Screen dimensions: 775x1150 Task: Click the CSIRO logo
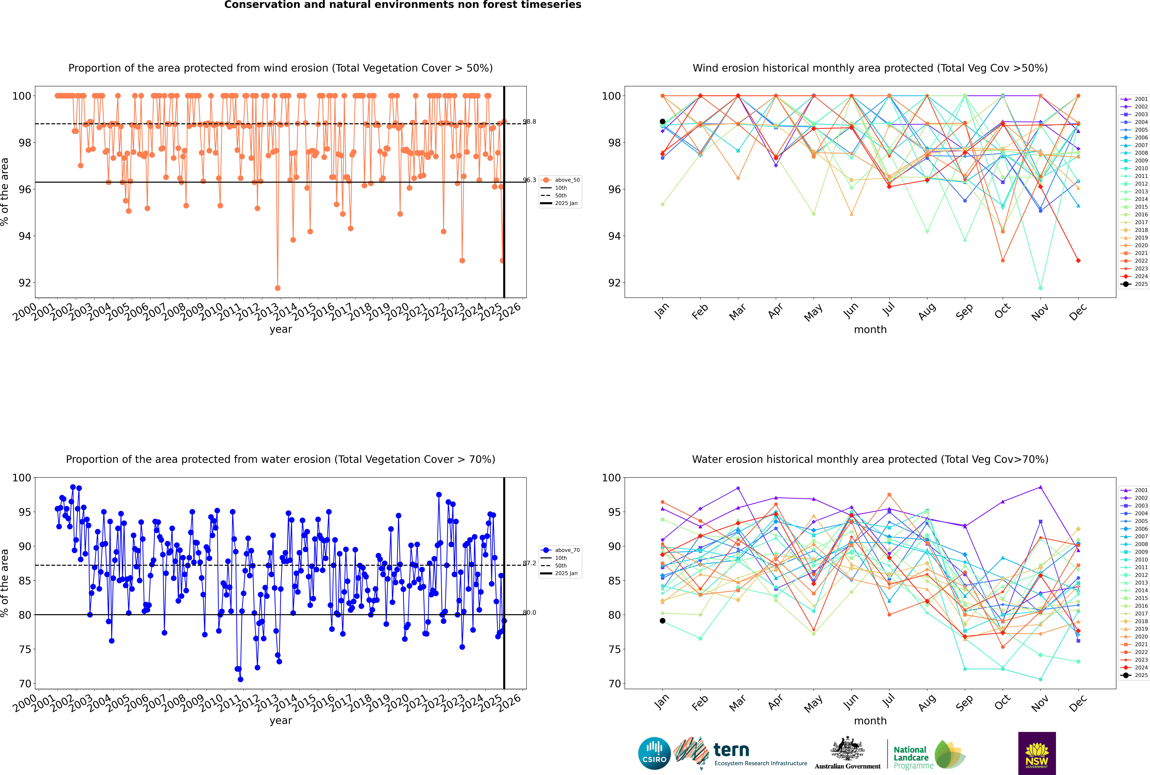click(x=654, y=753)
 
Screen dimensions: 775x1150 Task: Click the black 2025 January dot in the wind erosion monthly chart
click(x=663, y=122)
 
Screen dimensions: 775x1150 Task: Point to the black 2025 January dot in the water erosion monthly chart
click(x=663, y=621)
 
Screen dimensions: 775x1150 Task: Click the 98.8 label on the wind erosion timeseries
click(x=530, y=122)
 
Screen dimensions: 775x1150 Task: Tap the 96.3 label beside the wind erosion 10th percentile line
click(x=530, y=180)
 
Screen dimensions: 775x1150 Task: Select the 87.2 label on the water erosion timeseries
click(x=530, y=563)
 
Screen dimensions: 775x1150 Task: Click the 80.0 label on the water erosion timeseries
click(x=530, y=612)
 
